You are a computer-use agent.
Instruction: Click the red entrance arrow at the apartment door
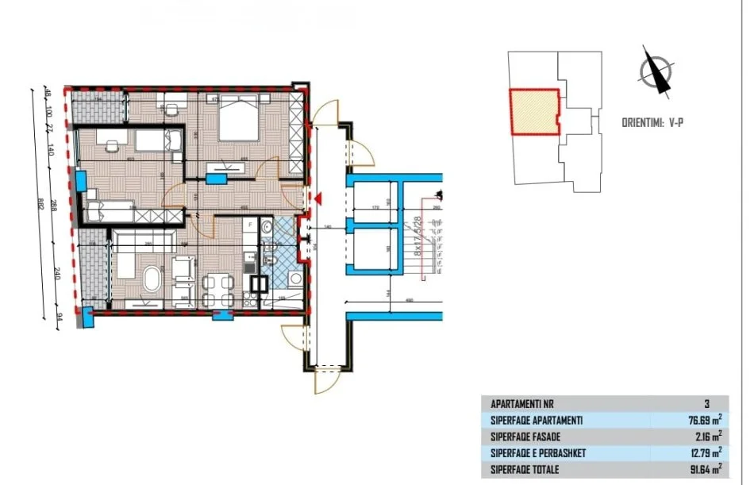point(317,198)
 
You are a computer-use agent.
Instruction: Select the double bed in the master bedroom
point(237,121)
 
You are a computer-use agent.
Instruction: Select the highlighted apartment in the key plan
point(533,114)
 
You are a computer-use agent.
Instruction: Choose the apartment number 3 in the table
point(706,403)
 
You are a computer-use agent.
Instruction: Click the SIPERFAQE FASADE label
point(528,437)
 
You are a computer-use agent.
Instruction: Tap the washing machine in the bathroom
point(295,279)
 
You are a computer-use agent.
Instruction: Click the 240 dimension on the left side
point(58,274)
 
